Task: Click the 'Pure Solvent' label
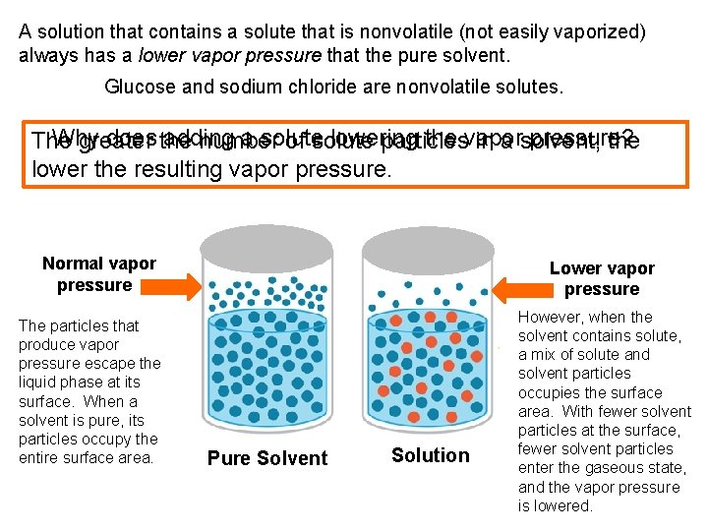267,458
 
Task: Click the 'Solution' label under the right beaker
430,455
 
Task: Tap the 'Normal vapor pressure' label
98,274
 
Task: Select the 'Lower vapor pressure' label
601,278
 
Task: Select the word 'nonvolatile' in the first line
393,31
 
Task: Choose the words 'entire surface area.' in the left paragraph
87,458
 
